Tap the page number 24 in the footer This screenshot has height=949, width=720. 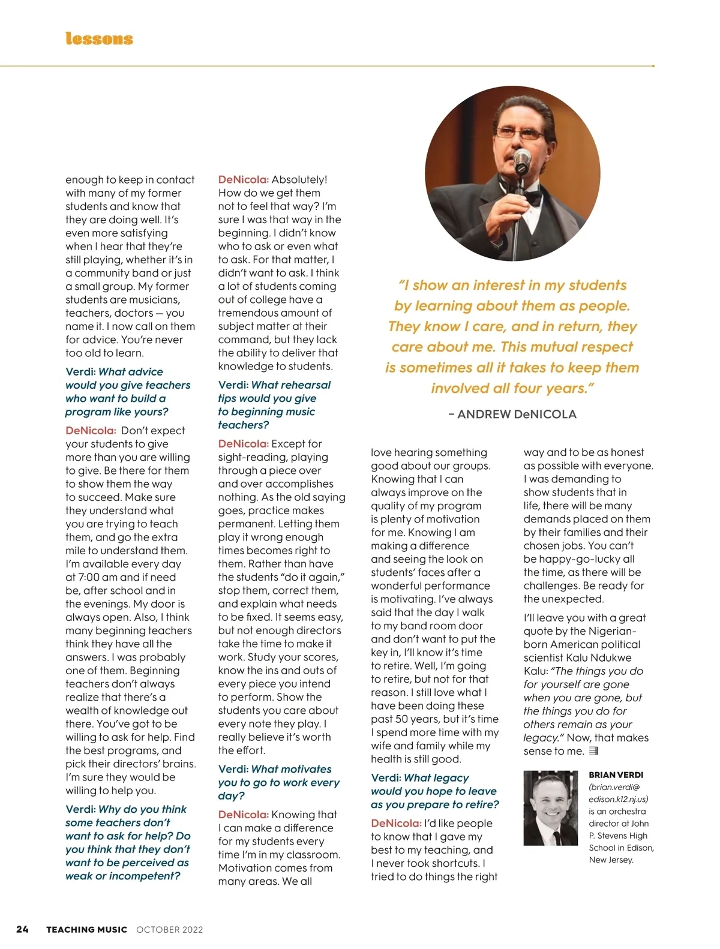pos(22,929)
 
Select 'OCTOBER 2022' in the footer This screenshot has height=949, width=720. pos(169,930)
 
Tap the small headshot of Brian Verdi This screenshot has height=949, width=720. pos(550,807)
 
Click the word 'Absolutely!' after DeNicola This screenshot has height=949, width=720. pos(299,179)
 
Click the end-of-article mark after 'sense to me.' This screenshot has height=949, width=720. pos(593,751)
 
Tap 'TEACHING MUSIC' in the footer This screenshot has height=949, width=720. pos(86,930)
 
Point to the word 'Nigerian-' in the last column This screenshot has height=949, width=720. pos(607,631)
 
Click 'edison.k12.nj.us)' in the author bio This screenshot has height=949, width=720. pos(618,799)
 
